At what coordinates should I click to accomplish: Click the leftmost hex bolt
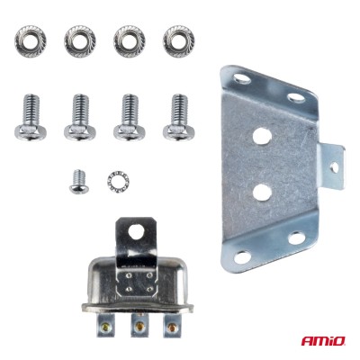[30, 118]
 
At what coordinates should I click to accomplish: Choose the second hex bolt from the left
[79, 118]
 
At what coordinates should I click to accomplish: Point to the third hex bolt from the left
[129, 118]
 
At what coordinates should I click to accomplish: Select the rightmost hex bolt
[178, 118]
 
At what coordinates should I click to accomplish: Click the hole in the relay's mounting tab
[135, 231]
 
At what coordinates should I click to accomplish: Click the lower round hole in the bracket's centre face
[262, 191]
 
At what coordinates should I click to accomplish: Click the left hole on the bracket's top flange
[242, 80]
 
